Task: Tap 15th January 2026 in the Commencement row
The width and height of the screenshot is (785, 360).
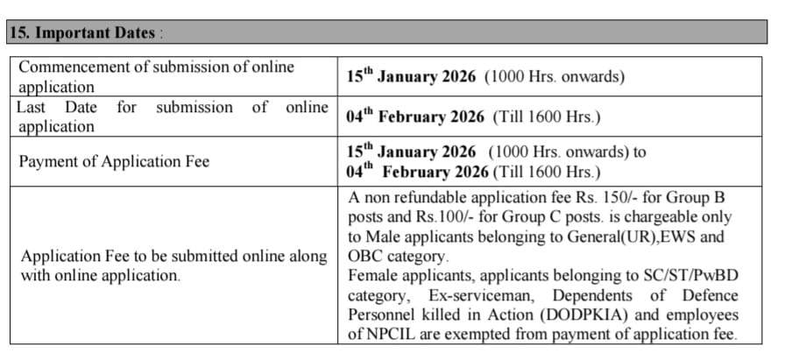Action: point(412,76)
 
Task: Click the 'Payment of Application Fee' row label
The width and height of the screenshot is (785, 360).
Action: point(115,161)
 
